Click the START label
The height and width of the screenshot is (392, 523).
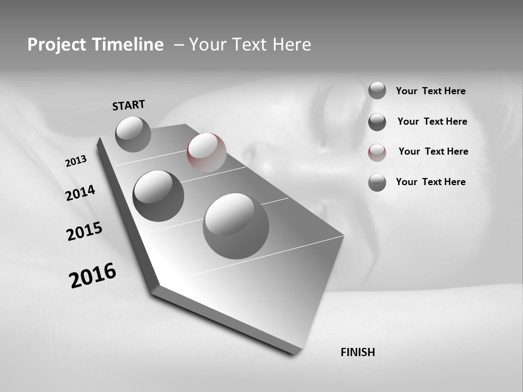(129, 105)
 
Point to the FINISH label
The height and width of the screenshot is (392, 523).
(357, 352)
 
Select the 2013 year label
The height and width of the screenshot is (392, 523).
(76, 161)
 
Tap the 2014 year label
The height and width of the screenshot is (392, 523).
(80, 193)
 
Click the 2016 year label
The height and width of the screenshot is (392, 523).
(93, 275)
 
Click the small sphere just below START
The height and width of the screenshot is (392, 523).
(133, 134)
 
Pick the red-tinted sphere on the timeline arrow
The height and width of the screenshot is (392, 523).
(206, 152)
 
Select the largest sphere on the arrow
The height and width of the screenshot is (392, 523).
(236, 226)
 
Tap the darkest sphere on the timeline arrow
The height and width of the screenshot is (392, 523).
(158, 195)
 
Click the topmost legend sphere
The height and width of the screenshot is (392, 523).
(377, 90)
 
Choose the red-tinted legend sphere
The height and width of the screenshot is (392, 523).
(377, 152)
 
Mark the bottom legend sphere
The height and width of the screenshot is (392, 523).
(377, 182)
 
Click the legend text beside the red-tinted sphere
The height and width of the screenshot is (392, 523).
(433, 151)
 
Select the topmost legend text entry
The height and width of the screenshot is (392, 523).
(430, 91)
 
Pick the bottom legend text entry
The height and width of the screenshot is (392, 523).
(430, 182)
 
